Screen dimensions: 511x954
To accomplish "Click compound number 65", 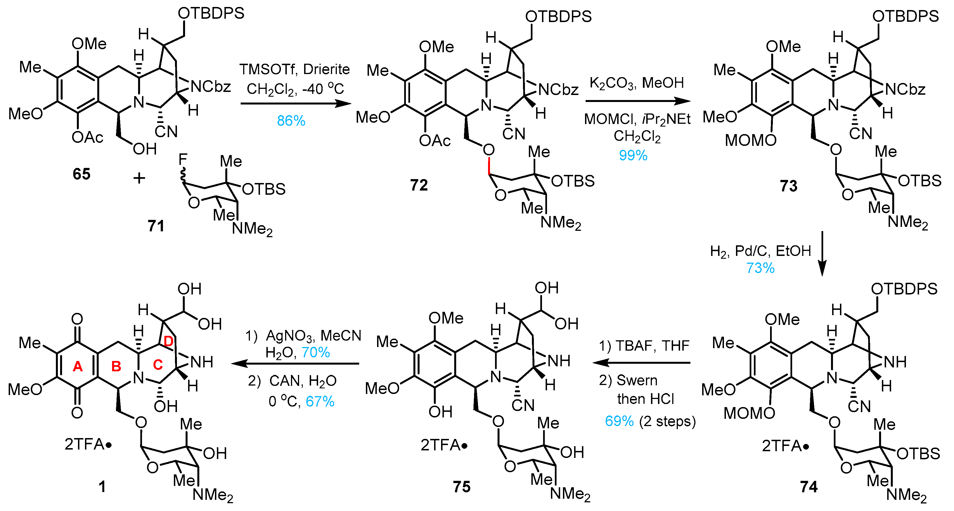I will (81, 174).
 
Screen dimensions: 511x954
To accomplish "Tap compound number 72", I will (419, 185).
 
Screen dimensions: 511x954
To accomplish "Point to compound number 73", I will (789, 186).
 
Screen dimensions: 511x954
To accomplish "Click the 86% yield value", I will (291, 121).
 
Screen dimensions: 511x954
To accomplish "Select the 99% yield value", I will (633, 155).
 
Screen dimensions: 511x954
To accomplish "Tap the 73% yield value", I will (760, 268).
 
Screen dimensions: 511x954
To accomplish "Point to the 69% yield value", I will (619, 421).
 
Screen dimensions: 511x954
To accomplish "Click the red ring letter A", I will (77, 366).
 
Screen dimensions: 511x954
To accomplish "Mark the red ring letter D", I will (169, 341).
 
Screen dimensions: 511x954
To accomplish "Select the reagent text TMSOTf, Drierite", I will (294, 69).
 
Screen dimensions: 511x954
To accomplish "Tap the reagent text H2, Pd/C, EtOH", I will (760, 251).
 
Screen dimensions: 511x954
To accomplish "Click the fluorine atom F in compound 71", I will (183, 159).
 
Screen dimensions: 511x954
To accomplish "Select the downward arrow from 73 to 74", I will (822, 254).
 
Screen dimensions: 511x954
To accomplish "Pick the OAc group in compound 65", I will (87, 137).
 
